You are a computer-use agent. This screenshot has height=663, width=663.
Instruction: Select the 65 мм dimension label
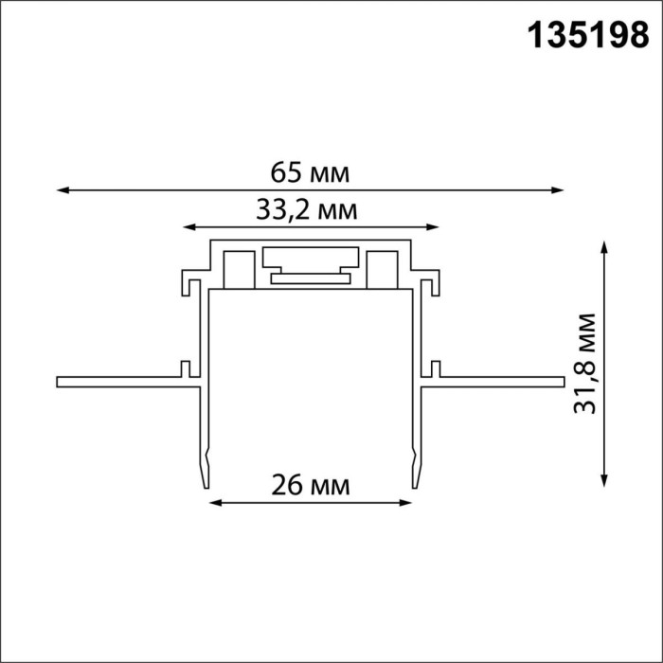pyautogui.click(x=311, y=172)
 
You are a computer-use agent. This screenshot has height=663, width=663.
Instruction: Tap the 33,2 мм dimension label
pyautogui.click(x=307, y=210)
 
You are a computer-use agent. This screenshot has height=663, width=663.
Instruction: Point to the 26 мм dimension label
pyautogui.click(x=311, y=486)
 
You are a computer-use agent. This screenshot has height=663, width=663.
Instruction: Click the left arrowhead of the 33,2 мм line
pyautogui.click(x=188, y=227)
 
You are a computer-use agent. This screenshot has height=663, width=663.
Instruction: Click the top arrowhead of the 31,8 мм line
pyautogui.click(x=603, y=246)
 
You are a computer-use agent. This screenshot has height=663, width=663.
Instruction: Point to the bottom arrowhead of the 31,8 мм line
pyautogui.click(x=603, y=481)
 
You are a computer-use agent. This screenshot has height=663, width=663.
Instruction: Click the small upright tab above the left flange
pyautogui.click(x=186, y=368)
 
